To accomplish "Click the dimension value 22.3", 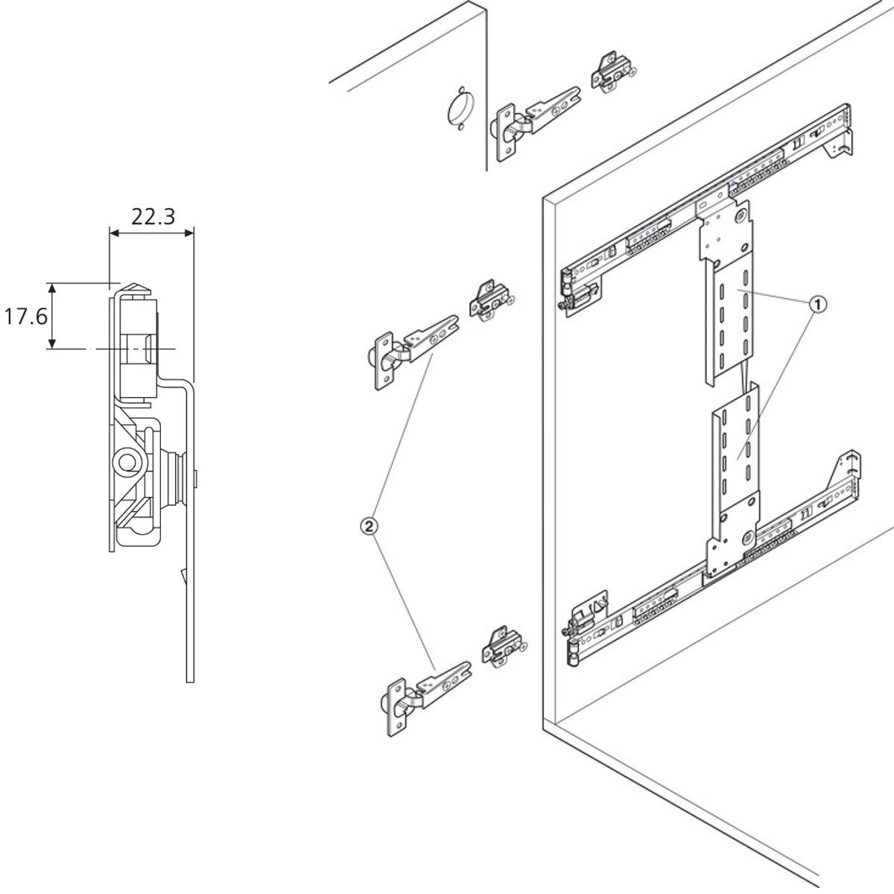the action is coord(153,216).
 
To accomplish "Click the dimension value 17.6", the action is coord(25,317).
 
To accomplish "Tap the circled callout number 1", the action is coord(818,305).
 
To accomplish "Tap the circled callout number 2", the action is coord(370,526).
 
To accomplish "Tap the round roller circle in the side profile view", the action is coord(125,463).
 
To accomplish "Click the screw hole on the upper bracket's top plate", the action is coord(741,215).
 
